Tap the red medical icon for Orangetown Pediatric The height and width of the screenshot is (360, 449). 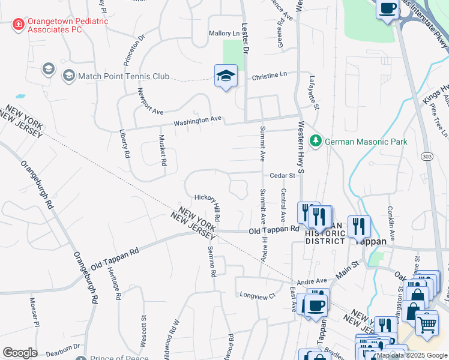[x=19, y=25]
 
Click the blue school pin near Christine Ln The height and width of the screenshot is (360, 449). [x=226, y=76]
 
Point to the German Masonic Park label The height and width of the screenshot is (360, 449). [x=366, y=142]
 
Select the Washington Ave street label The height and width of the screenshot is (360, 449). [x=198, y=121]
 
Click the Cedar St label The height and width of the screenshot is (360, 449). [x=283, y=176]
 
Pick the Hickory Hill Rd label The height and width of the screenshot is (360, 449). [x=208, y=206]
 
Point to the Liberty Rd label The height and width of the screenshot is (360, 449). [x=124, y=145]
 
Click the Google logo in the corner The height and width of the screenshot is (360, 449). [x=20, y=353]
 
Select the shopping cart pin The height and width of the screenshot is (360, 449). [x=427, y=324]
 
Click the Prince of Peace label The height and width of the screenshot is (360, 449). [x=119, y=358]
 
